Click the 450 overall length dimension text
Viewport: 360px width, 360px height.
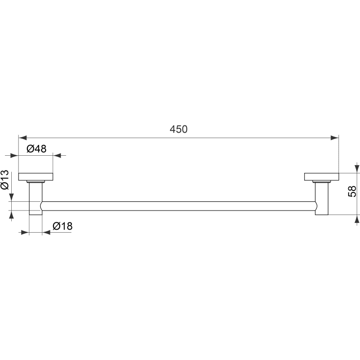pyautogui.click(x=179, y=129)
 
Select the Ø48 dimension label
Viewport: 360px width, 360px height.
pyautogui.click(x=37, y=149)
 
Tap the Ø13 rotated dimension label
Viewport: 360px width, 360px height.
pyautogui.click(x=5, y=180)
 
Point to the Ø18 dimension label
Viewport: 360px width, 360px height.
pyautogui.click(x=62, y=226)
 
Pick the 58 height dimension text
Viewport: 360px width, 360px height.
pyautogui.click(x=352, y=191)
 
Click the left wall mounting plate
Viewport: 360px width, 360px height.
pyautogui.click(x=36, y=177)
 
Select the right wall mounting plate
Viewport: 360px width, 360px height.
pyautogui.click(x=321, y=177)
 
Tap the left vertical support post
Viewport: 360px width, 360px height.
pyautogui.click(x=36, y=198)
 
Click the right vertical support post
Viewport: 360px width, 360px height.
pyautogui.click(x=322, y=198)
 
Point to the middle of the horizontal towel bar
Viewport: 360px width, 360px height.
pyautogui.click(x=179, y=206)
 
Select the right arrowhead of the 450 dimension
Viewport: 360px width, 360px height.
pyautogui.click(x=335, y=138)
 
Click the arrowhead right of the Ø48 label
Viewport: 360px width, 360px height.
pyautogui.click(x=57, y=156)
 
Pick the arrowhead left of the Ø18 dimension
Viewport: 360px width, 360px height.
pyautogui.click(x=25, y=232)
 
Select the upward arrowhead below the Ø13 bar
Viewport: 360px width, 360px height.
pyautogui.click(x=11, y=215)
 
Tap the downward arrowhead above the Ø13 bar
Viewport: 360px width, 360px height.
pyautogui.click(x=11, y=197)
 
